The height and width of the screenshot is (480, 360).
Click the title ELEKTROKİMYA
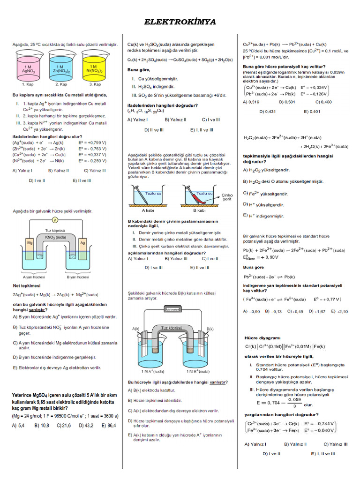pos(180,22)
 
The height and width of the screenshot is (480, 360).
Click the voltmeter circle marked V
pos(55,219)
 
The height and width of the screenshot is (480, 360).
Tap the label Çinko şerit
pos(227,197)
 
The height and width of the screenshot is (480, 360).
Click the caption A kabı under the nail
pos(149,210)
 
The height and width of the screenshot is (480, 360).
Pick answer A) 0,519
pos(251,102)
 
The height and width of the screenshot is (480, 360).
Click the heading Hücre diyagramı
pos(262,337)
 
